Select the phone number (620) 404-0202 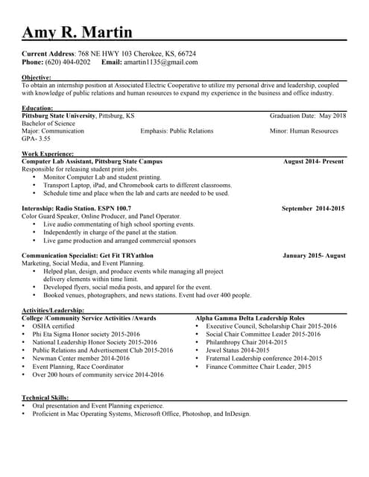(x=68, y=63)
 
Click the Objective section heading (x=37, y=78)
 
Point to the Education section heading (x=38, y=109)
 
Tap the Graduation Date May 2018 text (x=308, y=116)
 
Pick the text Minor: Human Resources (x=303, y=131)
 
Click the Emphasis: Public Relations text (x=177, y=131)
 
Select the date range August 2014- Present (x=313, y=161)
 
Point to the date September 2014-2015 (x=313, y=209)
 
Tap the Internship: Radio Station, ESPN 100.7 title (x=76, y=209)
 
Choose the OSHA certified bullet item (x=53, y=326)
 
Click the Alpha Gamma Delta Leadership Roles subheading (x=250, y=318)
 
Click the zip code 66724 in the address (x=187, y=54)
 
